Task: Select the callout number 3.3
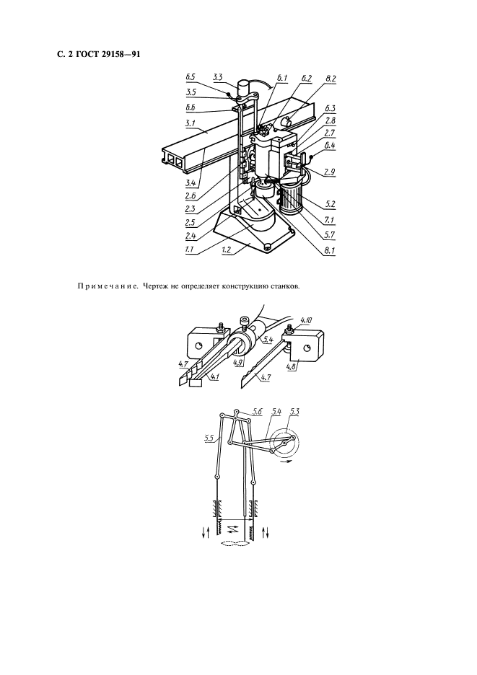click(217, 77)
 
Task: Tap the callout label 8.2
click(331, 79)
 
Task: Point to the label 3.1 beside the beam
click(190, 123)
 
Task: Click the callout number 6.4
click(331, 146)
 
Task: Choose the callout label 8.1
click(331, 250)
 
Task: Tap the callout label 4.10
click(307, 320)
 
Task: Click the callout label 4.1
click(214, 376)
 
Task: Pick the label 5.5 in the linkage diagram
click(209, 439)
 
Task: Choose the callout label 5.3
click(294, 412)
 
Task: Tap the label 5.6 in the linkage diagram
click(258, 412)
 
